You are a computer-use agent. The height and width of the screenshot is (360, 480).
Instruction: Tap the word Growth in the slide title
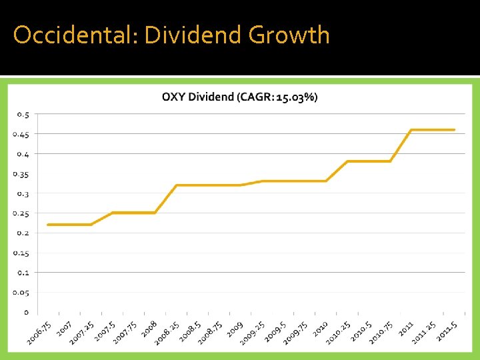click(289, 35)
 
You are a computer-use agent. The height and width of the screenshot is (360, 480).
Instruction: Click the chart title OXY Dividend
click(207, 97)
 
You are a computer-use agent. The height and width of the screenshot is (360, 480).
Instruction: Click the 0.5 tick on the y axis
click(23, 115)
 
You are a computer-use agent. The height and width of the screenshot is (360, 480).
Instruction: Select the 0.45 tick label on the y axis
click(21, 134)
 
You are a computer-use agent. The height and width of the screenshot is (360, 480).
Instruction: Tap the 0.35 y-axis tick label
click(21, 174)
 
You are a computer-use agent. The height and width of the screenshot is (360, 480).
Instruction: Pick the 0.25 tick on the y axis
click(21, 213)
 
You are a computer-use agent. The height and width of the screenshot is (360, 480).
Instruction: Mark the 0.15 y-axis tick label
click(21, 253)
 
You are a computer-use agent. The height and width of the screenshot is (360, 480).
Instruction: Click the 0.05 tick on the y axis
click(21, 292)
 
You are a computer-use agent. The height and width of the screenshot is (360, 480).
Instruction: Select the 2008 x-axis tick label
click(149, 329)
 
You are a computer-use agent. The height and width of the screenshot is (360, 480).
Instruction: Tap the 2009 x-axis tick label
click(234, 329)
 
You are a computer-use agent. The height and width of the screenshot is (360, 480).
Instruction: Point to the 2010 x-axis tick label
click(319, 329)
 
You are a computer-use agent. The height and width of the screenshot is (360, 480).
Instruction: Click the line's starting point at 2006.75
click(48, 225)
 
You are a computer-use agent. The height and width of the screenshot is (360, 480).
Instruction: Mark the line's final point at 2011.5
click(455, 130)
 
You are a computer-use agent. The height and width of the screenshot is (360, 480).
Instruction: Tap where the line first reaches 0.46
click(411, 130)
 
